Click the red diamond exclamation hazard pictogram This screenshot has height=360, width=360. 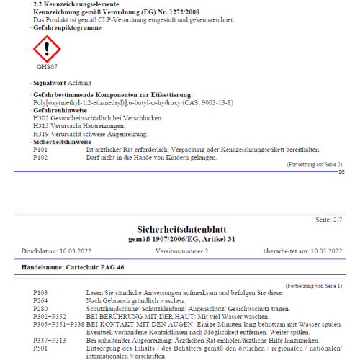click(46, 49)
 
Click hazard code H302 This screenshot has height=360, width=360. click(40, 118)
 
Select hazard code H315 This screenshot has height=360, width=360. click(40, 126)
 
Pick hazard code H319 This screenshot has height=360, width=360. click(40, 134)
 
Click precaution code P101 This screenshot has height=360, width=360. click(40, 149)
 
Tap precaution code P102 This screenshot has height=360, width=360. click(40, 156)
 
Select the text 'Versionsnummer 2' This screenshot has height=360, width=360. click(181, 251)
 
